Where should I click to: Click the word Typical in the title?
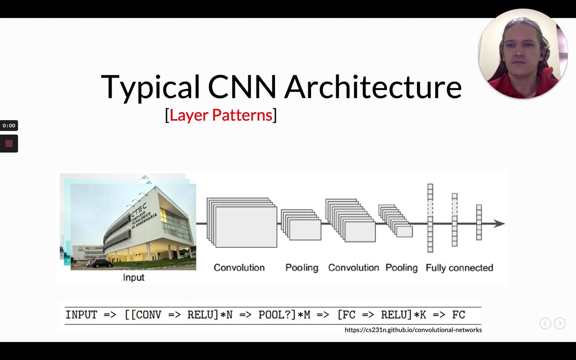tap(151, 87)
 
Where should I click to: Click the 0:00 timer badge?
tap(9, 126)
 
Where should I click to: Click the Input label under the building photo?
tap(134, 278)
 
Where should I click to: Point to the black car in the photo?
tap(102, 263)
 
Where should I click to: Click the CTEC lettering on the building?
tap(139, 210)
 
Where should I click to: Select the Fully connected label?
tap(459, 268)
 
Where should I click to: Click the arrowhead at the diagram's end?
tap(499, 224)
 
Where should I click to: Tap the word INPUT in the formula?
tap(81, 315)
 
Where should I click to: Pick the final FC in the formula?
tap(459, 315)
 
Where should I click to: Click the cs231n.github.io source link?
tap(413, 330)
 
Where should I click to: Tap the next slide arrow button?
tap(560, 323)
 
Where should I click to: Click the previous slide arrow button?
tap(545, 323)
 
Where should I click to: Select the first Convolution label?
tap(239, 268)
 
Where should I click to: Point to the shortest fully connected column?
tap(479, 222)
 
